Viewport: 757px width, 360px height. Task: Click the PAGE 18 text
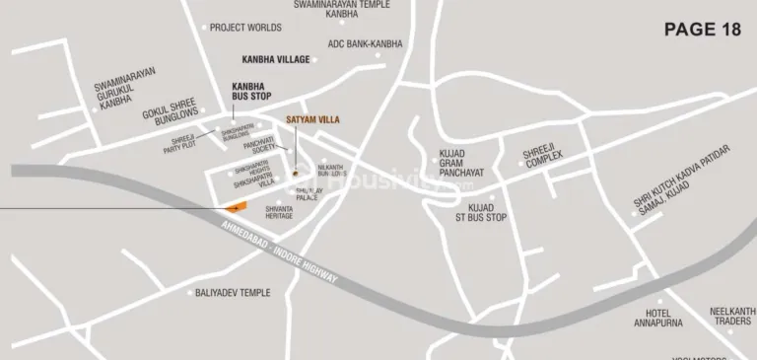(703, 29)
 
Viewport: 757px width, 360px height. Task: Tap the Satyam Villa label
(311, 120)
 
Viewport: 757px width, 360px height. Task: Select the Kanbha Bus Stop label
(250, 91)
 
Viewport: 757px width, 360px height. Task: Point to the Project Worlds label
(245, 28)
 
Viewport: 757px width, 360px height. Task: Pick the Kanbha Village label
(275, 59)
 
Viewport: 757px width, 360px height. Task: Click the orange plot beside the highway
(234, 208)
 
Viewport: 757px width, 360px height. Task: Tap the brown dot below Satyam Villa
(294, 174)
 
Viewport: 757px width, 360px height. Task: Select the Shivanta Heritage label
(279, 212)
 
